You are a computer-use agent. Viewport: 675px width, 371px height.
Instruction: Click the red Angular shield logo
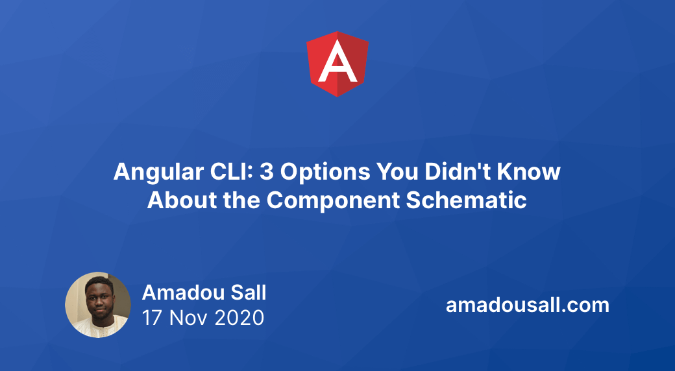(x=337, y=64)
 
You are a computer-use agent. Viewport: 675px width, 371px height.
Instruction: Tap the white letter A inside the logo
(x=337, y=65)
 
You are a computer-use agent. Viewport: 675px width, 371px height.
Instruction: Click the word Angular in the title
(x=151, y=172)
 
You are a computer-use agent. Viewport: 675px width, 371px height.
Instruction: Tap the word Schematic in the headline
(x=466, y=200)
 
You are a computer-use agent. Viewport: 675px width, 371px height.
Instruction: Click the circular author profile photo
(x=98, y=305)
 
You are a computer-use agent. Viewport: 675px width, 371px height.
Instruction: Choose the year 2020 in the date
(x=241, y=318)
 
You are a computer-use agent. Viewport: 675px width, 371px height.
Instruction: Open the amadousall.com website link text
(x=527, y=305)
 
